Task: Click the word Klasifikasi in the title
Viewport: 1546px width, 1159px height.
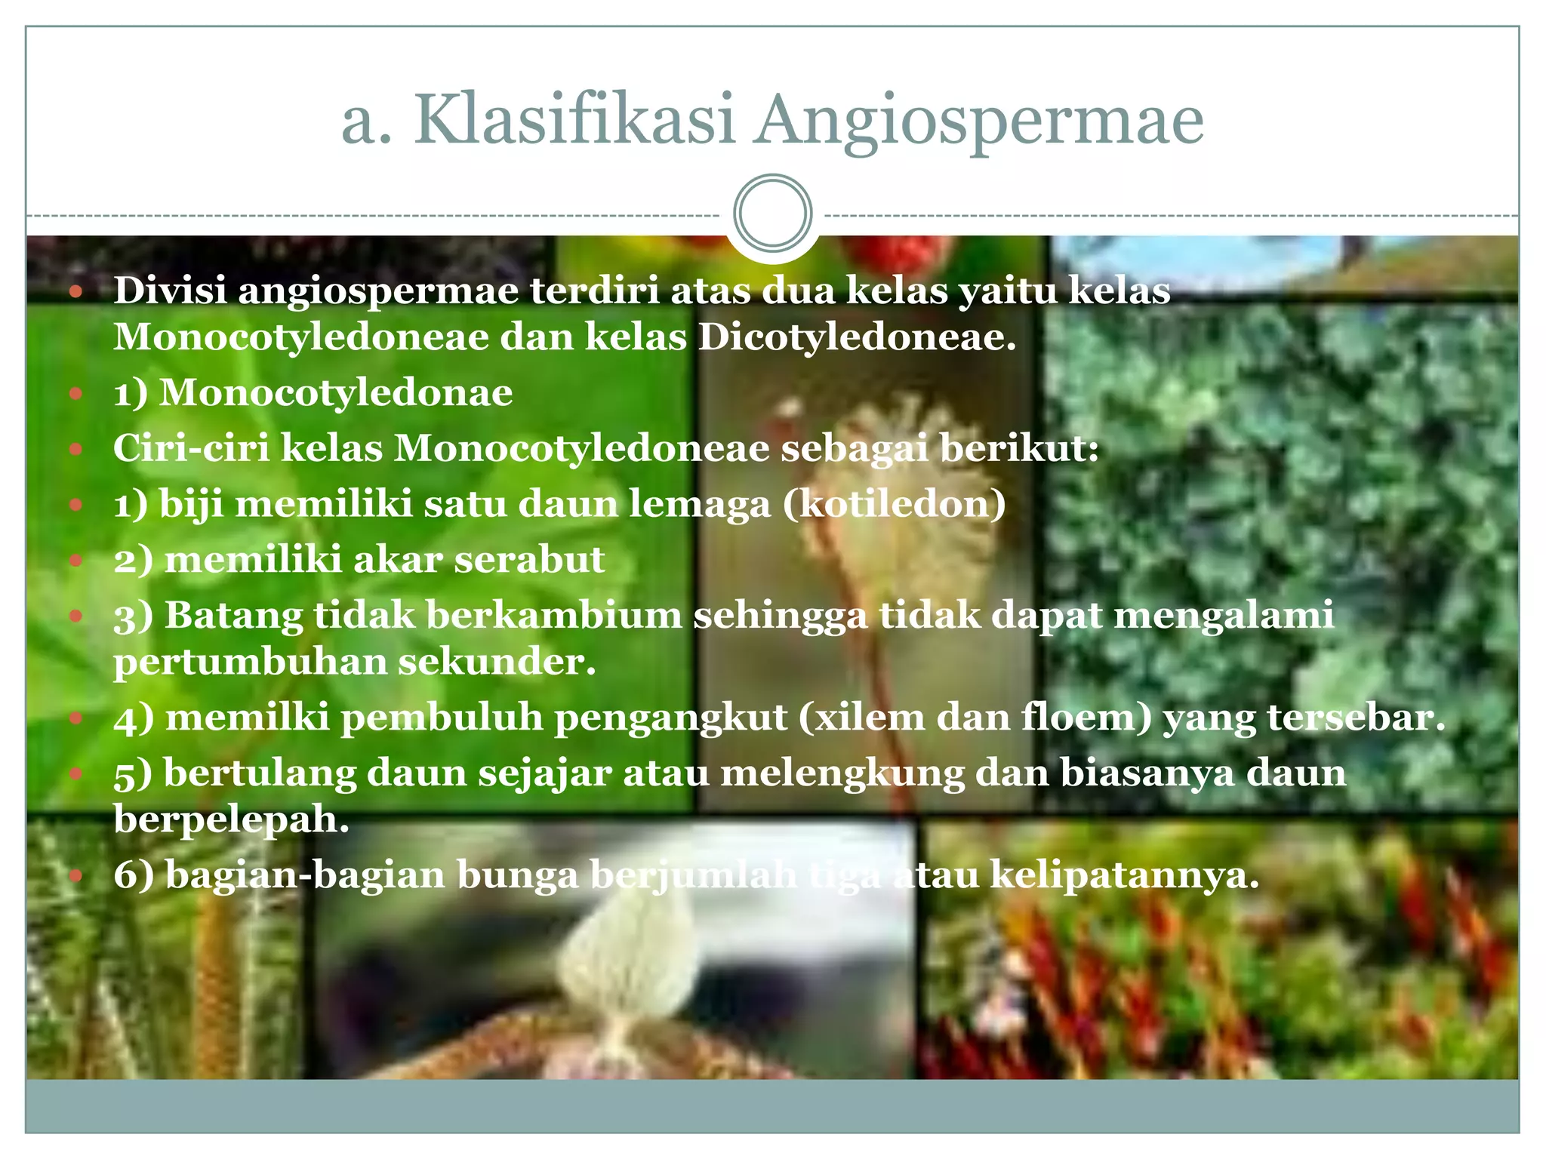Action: pyautogui.click(x=574, y=121)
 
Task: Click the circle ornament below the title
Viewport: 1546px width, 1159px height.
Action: pyautogui.click(x=772, y=213)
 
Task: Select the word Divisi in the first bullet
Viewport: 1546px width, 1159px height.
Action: pyautogui.click(x=170, y=291)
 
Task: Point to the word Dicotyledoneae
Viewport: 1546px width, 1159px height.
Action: pyautogui.click(x=856, y=337)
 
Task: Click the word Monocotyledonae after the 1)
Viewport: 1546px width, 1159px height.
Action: pyautogui.click(x=336, y=393)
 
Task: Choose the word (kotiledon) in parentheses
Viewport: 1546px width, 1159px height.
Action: pyautogui.click(x=894, y=504)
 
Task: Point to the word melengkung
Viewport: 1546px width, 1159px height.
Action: pyautogui.click(x=842, y=773)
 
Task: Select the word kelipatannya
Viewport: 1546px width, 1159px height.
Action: pyautogui.click(x=1124, y=875)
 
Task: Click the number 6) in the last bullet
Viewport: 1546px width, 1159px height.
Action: pyautogui.click(x=134, y=875)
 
